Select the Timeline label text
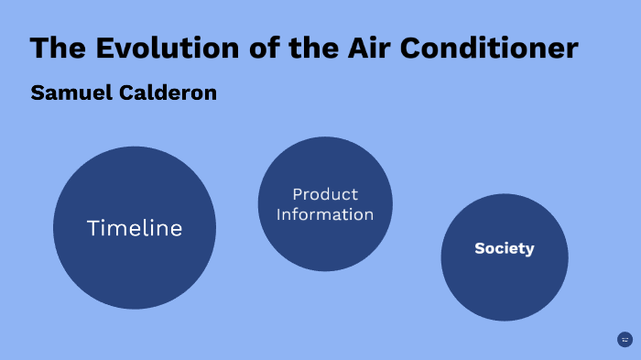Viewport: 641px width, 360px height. (135, 229)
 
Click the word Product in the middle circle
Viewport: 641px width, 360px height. (325, 194)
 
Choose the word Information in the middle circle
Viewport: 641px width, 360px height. (325, 214)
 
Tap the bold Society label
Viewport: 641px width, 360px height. (505, 248)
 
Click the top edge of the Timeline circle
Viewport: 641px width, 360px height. (135, 147)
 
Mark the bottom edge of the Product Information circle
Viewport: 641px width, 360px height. (325, 270)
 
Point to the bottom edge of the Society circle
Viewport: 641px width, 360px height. (505, 320)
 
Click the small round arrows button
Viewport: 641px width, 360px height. (625, 340)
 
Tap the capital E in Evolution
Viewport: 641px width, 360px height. (103, 48)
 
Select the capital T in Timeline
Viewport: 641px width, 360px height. (92, 229)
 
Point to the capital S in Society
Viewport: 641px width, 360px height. (479, 248)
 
